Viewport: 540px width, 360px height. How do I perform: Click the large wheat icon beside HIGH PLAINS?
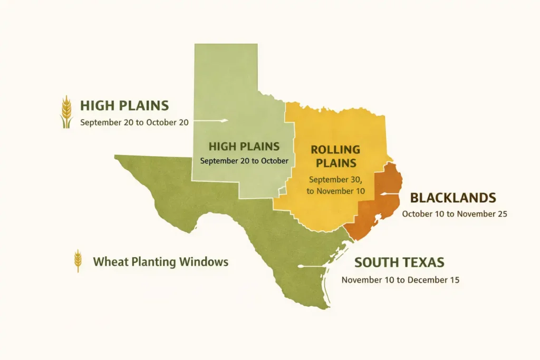(66, 112)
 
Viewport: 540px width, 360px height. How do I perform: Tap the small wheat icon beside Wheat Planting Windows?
(78, 260)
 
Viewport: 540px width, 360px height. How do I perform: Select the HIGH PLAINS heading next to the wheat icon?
(124, 105)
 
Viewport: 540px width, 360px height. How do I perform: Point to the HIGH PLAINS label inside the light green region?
(244, 146)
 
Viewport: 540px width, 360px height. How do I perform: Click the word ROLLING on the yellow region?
(335, 150)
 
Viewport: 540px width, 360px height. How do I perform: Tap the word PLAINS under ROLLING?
(335, 163)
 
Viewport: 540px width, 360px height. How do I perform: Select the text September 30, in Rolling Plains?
(335, 179)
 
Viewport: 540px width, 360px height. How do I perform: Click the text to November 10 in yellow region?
(336, 191)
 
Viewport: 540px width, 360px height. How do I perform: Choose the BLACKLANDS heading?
(453, 198)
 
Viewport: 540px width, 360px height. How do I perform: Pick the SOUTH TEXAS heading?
(399, 262)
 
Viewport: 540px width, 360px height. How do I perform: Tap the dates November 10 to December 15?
(400, 280)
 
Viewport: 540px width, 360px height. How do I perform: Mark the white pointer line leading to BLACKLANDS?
(393, 194)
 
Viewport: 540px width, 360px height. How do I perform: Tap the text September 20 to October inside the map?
(244, 161)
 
